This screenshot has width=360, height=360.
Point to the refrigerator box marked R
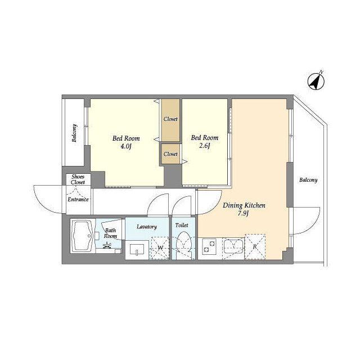pos(255,247)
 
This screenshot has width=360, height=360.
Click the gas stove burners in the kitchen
pos(209,246)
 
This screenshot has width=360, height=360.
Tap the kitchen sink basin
pos(233,245)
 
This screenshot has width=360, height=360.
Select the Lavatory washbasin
pos(138,249)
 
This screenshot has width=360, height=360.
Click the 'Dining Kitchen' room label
pos(244,205)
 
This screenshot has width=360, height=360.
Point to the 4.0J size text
pos(125,147)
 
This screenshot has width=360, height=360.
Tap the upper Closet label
pos(171,119)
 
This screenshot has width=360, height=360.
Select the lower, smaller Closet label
pos(170,154)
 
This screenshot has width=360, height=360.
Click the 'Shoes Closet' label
pos(78,179)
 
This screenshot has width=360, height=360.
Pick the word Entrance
pos(78,199)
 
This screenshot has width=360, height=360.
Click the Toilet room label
pos(182,225)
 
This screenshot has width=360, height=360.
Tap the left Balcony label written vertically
pos(74,133)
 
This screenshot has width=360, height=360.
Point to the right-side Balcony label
pos(308,180)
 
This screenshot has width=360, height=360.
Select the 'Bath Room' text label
pos(110,232)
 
